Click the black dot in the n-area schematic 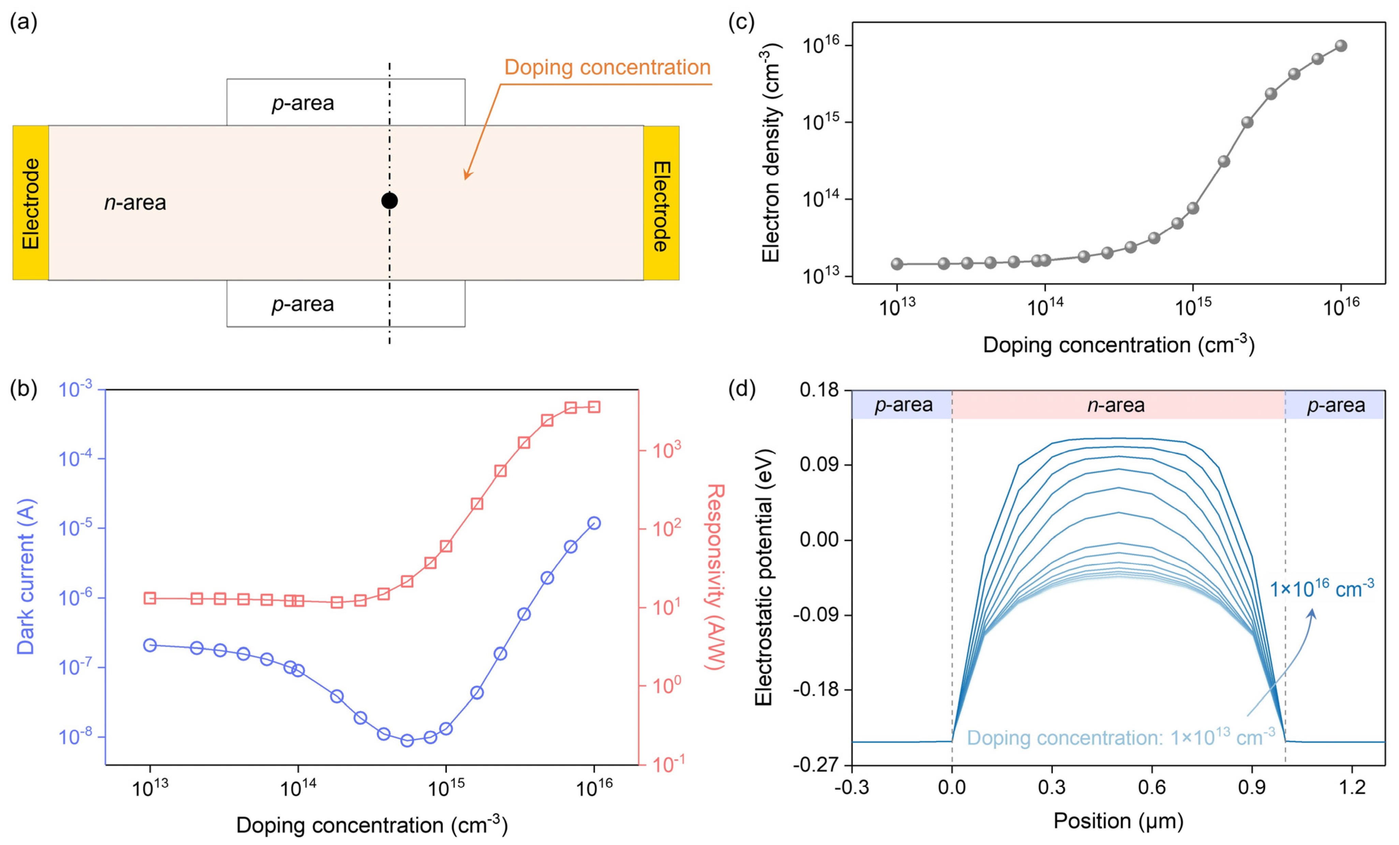pyautogui.click(x=389, y=201)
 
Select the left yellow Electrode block pyautogui.click(x=31, y=203)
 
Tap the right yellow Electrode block pyautogui.click(x=661, y=203)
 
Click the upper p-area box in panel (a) pyautogui.click(x=346, y=102)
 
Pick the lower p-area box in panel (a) pyautogui.click(x=346, y=304)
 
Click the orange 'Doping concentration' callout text pyautogui.click(x=607, y=67)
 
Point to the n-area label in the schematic pyautogui.click(x=135, y=202)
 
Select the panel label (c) pyautogui.click(x=741, y=23)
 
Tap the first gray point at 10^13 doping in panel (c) pyautogui.click(x=897, y=264)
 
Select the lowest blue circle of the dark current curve pyautogui.click(x=407, y=741)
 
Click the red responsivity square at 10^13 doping pyautogui.click(x=150, y=598)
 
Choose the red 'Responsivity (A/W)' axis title pyautogui.click(x=716, y=577)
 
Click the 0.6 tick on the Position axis pyautogui.click(x=1152, y=787)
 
